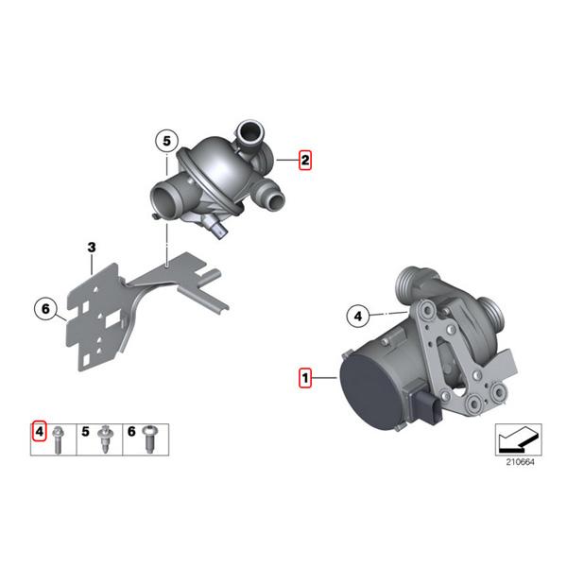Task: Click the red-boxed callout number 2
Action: (304, 161)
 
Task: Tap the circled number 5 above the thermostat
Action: (166, 141)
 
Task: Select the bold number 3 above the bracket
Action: (92, 248)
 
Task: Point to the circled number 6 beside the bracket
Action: (45, 308)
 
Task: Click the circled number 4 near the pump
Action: (357, 315)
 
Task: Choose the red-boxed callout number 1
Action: (304, 378)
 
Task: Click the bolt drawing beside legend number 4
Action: (59, 438)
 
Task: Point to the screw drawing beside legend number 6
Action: (151, 436)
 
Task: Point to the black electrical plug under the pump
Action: (434, 414)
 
